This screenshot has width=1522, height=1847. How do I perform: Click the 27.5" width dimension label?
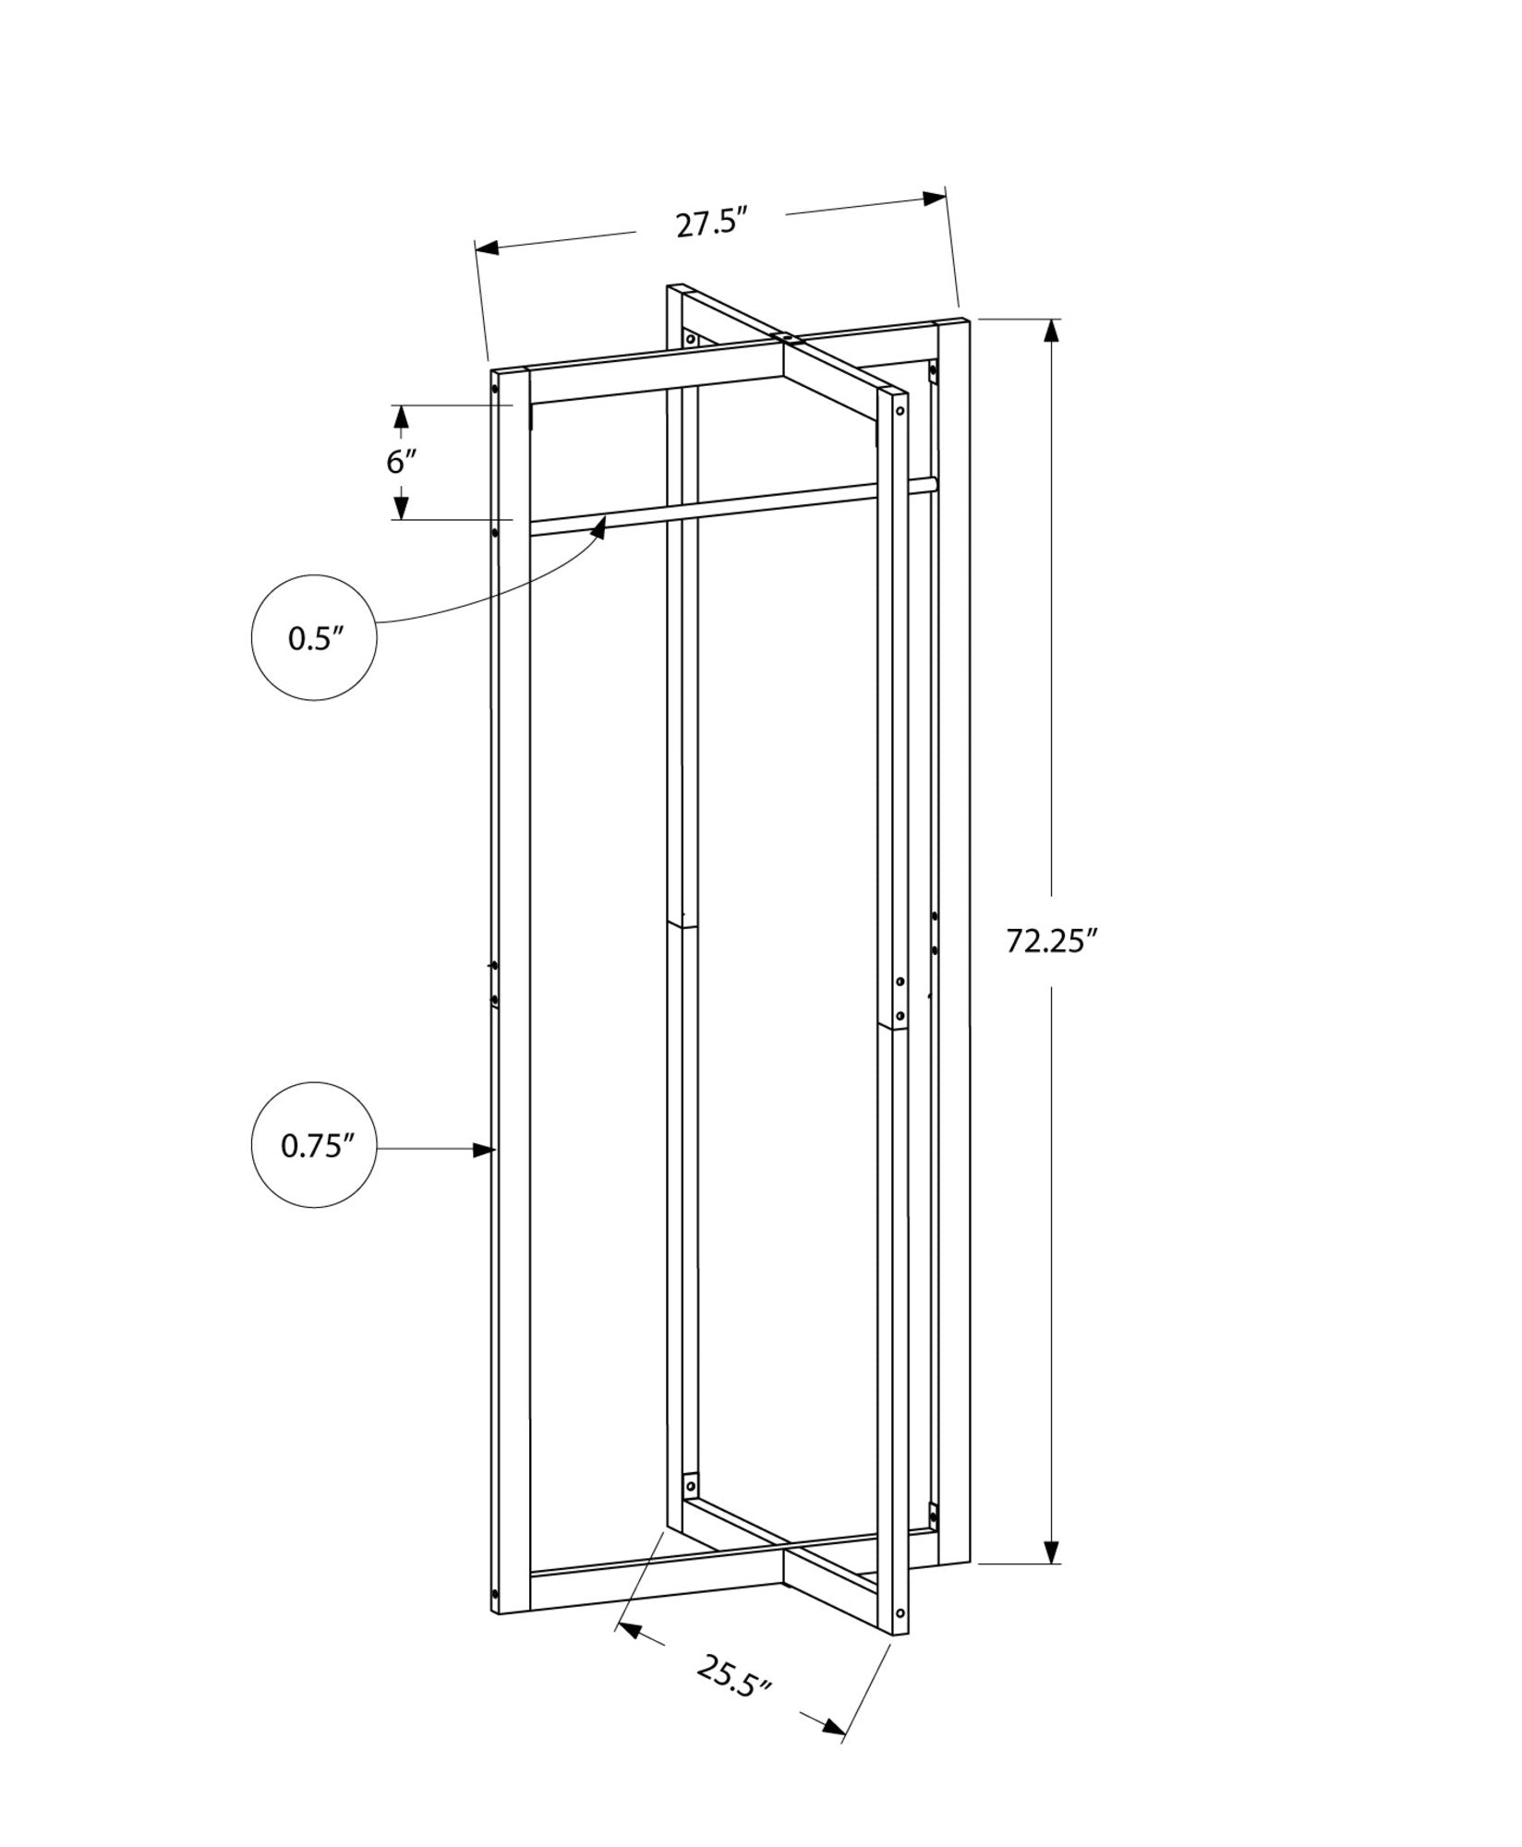pos(709,224)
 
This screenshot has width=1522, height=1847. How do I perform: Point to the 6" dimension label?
pos(401,461)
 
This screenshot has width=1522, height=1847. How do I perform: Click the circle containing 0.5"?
pos(314,638)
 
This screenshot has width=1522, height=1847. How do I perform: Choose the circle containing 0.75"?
pos(314,1145)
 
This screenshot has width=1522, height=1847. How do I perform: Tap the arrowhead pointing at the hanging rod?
pos(601,526)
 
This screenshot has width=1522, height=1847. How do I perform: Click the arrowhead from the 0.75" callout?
pos(482,1150)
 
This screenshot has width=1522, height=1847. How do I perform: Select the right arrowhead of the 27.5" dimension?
pos(935,199)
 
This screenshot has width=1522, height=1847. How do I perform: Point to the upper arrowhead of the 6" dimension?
pos(401,417)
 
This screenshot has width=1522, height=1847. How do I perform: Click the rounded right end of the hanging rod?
pos(933,483)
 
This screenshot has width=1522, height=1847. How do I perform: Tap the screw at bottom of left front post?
pos(495,1595)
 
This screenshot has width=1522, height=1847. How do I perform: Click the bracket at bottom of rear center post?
pos(688,1460)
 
